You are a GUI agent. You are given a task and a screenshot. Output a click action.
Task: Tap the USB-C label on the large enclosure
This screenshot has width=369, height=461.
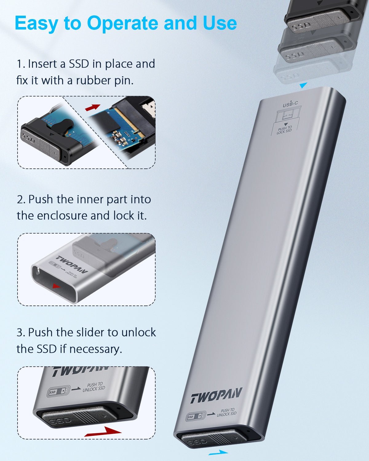(x=290, y=104)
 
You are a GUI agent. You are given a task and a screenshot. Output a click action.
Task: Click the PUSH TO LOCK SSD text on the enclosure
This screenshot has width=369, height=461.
(x=284, y=130)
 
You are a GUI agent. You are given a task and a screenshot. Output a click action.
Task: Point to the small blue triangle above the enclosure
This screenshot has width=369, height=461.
(x=303, y=85)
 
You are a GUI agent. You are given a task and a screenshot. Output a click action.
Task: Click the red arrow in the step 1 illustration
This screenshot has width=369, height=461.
(x=93, y=107)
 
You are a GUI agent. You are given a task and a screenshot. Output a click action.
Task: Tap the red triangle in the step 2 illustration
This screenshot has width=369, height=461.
(x=56, y=286)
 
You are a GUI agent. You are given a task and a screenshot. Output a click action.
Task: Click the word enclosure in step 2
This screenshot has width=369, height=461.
(x=62, y=215)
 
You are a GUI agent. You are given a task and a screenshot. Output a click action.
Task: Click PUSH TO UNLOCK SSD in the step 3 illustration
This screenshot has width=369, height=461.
(x=94, y=387)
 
